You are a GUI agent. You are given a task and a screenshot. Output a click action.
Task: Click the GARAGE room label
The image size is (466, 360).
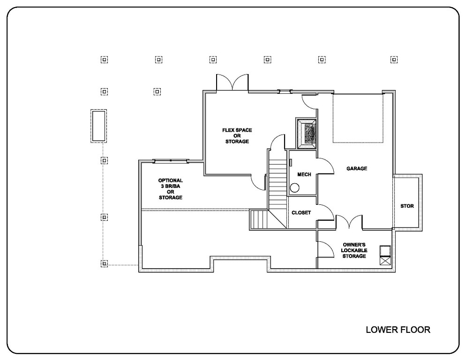click(356, 169)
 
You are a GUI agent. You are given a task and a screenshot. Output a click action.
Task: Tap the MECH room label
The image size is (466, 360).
click(301, 174)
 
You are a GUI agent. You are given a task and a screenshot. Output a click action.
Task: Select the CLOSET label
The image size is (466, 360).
click(301, 213)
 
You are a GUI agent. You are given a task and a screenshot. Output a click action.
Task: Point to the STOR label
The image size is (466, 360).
click(407, 206)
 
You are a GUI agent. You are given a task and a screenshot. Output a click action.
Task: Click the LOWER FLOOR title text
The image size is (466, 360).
click(398, 330)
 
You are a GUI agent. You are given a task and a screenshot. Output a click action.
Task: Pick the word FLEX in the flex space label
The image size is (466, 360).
click(228, 130)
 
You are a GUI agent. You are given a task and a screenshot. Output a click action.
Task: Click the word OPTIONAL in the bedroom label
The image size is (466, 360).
click(170, 180)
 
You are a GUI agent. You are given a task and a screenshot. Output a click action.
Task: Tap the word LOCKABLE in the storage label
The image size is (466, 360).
click(354, 251)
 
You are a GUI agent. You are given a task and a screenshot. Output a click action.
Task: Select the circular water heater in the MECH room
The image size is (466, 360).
click(294, 188)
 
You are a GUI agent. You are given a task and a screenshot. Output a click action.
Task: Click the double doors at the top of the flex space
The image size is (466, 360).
click(232, 82)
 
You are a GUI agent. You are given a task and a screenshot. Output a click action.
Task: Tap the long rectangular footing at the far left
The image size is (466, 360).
click(98, 126)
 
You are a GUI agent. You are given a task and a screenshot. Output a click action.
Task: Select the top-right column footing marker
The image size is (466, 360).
click(394, 60)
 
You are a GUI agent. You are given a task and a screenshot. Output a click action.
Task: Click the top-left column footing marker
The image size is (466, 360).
click(104, 60)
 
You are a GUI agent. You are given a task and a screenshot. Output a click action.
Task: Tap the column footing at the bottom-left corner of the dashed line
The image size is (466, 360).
click(104, 264)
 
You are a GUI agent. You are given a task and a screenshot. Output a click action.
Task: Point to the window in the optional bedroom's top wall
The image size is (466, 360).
click(171, 161)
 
